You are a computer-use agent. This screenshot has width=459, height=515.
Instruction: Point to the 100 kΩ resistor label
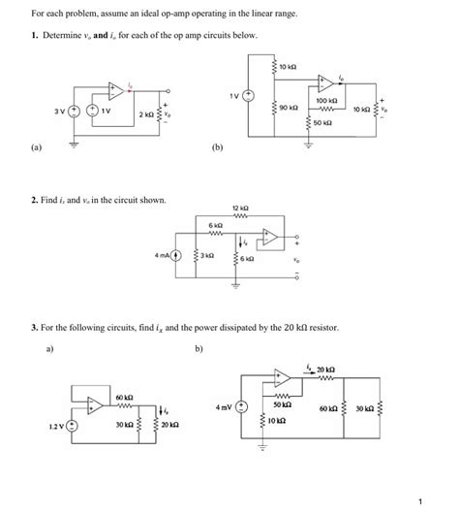coord(327,100)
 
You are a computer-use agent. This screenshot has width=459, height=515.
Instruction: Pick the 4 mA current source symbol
coord(177,256)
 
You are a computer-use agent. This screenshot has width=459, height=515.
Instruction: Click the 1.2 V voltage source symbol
coord(70,425)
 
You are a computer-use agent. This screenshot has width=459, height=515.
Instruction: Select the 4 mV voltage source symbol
coord(242,408)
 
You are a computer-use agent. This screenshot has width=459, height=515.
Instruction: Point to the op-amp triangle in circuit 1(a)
coord(116,90)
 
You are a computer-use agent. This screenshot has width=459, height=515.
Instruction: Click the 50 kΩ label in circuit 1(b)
coord(321,124)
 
